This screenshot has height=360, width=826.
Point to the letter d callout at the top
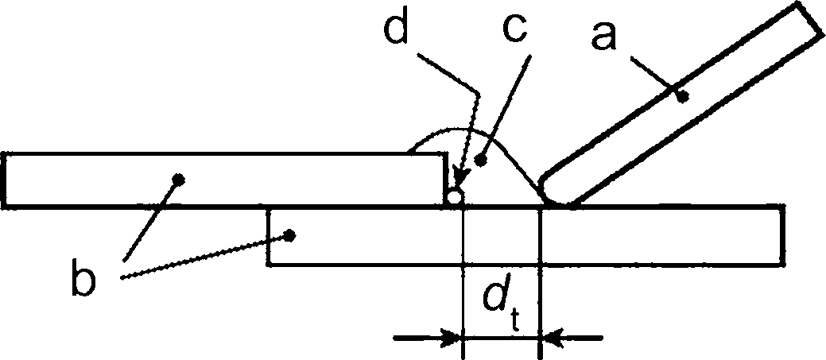tap(396, 25)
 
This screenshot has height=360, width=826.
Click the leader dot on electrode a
tap(683, 97)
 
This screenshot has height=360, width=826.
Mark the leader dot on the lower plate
tap(289, 234)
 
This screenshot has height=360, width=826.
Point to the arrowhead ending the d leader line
tap(459, 177)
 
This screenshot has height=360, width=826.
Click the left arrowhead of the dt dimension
tap(452, 338)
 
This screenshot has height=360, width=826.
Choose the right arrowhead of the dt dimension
tap(550, 338)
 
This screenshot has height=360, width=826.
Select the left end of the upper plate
tap(4, 180)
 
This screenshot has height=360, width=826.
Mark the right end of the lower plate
tap(783, 234)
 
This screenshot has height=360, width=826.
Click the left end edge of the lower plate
tap(270, 237)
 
